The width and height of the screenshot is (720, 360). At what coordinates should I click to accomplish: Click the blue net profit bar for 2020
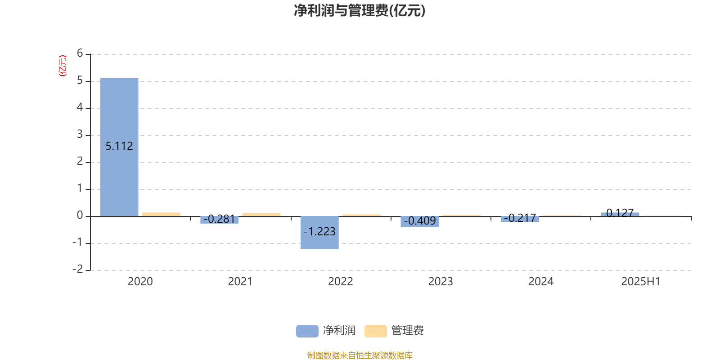coord(119,147)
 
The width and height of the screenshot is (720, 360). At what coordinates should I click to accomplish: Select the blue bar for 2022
coord(319,233)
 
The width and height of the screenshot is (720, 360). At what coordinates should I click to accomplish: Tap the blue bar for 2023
coord(420,222)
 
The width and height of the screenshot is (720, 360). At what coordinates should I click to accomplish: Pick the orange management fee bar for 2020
coord(162,214)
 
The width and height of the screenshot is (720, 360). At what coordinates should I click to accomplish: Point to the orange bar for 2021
coord(261,215)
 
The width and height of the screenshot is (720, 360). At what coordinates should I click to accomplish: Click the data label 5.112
coord(119,146)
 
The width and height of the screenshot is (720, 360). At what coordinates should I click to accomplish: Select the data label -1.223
coord(319,231)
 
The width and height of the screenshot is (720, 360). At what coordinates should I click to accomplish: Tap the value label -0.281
coord(219,219)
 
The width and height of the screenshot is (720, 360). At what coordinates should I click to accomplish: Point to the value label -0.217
coord(520,218)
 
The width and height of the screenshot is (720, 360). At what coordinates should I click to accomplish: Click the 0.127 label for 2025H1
coord(620,213)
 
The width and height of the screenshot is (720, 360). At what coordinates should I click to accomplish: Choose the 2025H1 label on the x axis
coord(641,282)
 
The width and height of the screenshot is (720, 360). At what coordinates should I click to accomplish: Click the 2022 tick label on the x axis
coord(340,282)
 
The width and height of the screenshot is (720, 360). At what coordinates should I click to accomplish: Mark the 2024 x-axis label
coord(541,282)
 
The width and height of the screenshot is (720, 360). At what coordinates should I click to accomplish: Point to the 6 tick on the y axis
coord(80,53)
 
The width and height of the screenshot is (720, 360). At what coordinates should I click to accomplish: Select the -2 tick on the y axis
coord(78,269)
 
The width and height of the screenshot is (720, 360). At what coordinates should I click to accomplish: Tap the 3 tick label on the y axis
coord(80,134)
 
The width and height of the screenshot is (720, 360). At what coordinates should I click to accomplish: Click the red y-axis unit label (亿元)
coord(63,66)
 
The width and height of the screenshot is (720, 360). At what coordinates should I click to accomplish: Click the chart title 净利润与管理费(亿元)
coord(360,10)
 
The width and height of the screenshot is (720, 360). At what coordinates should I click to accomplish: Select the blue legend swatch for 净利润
coord(307,331)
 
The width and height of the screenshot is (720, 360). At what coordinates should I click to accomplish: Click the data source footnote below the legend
coord(360,355)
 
